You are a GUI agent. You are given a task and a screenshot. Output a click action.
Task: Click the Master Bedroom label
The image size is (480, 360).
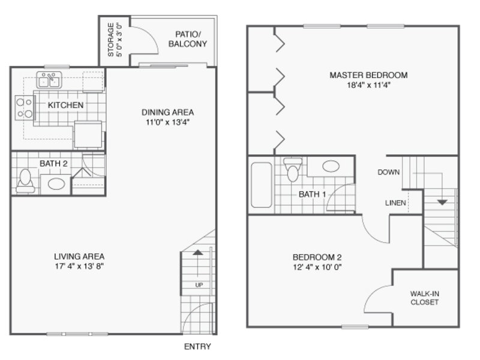point(368,75)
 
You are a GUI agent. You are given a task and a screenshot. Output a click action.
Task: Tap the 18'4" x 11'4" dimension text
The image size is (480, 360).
point(368,85)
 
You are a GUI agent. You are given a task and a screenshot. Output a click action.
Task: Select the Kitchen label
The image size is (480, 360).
point(65,105)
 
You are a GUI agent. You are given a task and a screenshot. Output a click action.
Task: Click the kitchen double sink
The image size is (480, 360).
point(49,80)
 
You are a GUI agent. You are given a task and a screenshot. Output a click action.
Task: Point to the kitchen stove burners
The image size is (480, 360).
point(25,108)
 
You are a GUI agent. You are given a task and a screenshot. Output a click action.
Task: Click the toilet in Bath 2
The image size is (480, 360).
point(25,181)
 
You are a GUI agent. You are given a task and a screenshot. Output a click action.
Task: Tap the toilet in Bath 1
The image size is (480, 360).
point(293,170)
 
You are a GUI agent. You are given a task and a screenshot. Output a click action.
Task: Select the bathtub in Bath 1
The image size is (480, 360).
point(262,185)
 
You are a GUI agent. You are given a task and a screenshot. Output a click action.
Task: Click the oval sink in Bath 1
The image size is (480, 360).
point(331,166)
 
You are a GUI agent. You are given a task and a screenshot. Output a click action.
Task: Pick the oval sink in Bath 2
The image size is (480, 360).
point(56,184)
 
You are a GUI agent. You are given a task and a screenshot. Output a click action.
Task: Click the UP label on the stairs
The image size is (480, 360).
point(199,285)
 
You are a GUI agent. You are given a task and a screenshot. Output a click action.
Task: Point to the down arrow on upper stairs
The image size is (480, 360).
point(442,202)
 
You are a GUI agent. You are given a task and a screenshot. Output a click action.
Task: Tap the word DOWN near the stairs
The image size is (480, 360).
point(388,172)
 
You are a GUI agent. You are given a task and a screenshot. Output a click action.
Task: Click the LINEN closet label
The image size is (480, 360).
point(395,203)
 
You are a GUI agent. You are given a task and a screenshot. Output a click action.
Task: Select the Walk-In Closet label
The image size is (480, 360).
point(424,298)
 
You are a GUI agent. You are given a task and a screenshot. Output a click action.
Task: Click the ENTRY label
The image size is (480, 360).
point(197,347)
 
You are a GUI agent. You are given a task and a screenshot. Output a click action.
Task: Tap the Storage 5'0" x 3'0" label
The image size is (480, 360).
point(115,40)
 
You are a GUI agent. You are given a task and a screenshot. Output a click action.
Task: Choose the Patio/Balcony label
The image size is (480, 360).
point(188,39)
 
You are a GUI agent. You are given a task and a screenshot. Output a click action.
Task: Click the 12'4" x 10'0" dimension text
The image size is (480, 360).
point(317,267)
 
